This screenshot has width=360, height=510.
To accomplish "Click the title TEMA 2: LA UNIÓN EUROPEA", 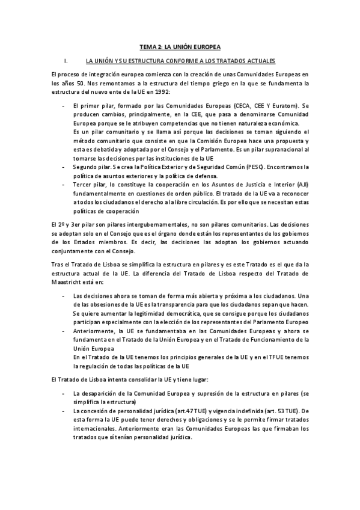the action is point(180,46).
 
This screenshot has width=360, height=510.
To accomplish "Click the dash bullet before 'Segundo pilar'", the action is point(64,165).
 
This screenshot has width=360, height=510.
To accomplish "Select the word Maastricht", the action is point(69,281).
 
